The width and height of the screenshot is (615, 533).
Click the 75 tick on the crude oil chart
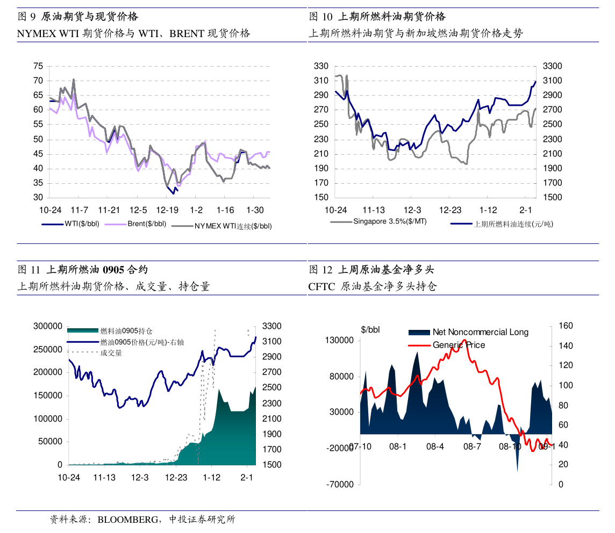[x=38, y=66]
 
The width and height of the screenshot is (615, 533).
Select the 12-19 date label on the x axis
[x=167, y=210]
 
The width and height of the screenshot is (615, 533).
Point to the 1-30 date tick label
[x=255, y=210]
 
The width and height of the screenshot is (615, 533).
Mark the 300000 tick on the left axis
[x=48, y=326]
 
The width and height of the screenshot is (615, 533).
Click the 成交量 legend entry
[x=111, y=353]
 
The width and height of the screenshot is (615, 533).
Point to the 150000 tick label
[x=48, y=395]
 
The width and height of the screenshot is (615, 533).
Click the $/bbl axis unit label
[x=370, y=329]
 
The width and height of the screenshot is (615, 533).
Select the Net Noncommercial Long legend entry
[x=480, y=332]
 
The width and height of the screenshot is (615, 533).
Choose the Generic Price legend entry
[x=459, y=345]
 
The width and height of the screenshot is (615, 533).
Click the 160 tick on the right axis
[x=561, y=326]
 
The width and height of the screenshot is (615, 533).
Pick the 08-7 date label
[x=472, y=446]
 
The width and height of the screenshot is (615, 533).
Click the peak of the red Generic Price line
[x=463, y=340]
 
